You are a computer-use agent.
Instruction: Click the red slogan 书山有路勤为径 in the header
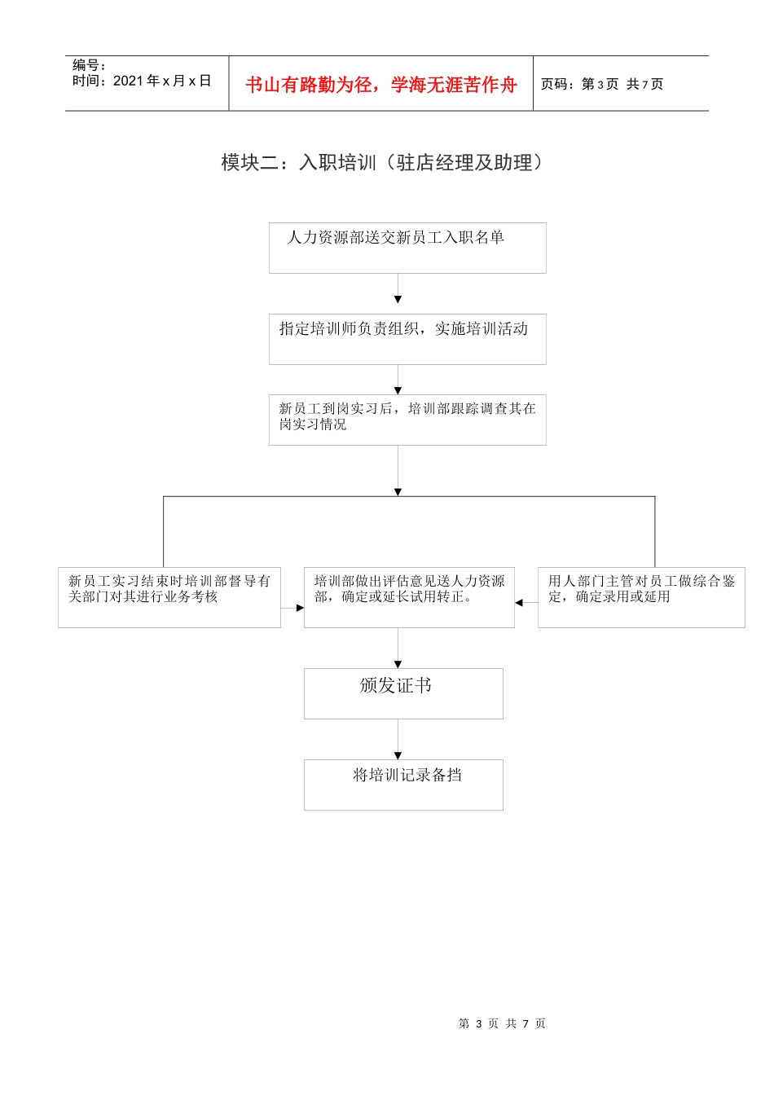[x=381, y=85]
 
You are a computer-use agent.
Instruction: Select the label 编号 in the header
[x=88, y=65]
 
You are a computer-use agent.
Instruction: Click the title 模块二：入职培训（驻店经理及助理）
[x=381, y=163]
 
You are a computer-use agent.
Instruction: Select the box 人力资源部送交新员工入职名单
[x=407, y=248]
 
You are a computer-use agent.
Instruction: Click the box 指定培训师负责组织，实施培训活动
[x=407, y=339]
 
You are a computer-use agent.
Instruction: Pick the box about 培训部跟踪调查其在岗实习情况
[x=407, y=420]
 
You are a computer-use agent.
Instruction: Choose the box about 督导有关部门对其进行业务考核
[x=169, y=597]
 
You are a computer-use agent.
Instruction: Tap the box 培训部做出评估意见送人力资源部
[x=409, y=597]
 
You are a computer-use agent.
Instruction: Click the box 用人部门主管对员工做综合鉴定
[x=641, y=597]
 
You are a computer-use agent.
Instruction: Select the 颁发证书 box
[x=403, y=693]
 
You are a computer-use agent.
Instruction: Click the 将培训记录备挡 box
[x=403, y=785]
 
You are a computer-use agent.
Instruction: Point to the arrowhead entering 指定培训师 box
[x=398, y=300]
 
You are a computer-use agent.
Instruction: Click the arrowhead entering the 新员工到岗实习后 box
[x=398, y=391]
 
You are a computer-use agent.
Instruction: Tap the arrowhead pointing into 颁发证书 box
[x=398, y=664]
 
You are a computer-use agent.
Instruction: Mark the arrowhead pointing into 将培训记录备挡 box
[x=398, y=755]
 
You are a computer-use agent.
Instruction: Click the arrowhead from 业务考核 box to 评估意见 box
[x=300, y=608]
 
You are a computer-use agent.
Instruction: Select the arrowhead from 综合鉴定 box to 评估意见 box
[x=519, y=603]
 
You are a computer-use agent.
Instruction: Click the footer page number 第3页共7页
[x=502, y=1023]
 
